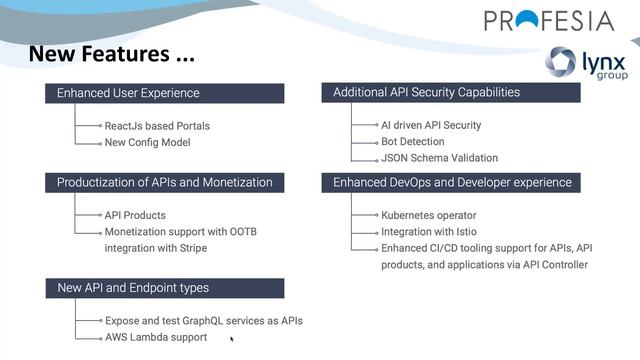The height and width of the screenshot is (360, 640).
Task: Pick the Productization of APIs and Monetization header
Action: (x=164, y=182)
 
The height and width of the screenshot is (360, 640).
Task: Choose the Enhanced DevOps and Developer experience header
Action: (x=452, y=182)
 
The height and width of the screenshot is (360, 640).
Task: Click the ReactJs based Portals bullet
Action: (x=157, y=126)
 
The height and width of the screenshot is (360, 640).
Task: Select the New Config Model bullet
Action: (x=147, y=142)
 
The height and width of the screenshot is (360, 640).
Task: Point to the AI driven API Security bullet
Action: (x=431, y=125)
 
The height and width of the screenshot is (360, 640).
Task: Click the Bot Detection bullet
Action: (x=411, y=141)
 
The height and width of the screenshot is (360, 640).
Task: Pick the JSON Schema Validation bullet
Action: (x=439, y=157)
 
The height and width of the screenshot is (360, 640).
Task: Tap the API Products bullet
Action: (x=135, y=215)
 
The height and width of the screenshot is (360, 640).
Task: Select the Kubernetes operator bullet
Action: (x=428, y=215)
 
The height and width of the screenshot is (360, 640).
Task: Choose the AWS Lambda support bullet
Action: (x=155, y=337)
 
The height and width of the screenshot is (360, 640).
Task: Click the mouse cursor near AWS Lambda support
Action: (x=232, y=340)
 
